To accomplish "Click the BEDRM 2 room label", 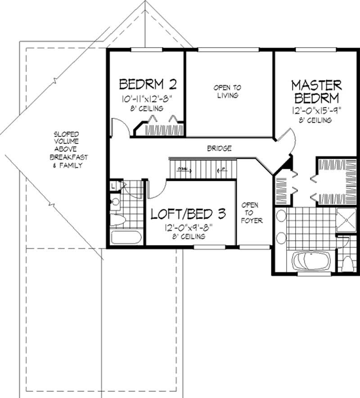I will click(147, 84).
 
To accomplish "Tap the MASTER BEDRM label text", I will click(316, 92).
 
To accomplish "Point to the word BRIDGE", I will click(220, 148).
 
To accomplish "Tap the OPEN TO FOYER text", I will click(250, 213).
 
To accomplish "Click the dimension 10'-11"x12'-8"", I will click(147, 98).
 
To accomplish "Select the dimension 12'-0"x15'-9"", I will click(316, 110).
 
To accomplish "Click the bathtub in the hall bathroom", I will click(126, 237).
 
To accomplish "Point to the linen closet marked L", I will click(112, 185).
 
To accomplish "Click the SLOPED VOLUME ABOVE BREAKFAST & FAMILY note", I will click(67, 150).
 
